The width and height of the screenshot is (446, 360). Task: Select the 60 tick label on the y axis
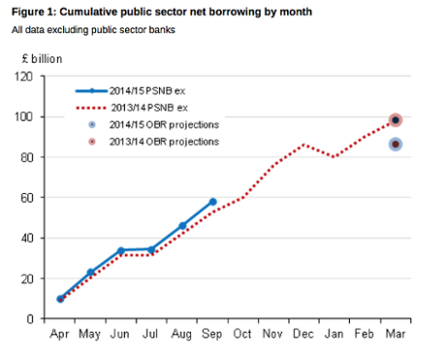pyautogui.click(x=35, y=197)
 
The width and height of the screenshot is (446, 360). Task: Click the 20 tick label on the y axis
pyautogui.click(x=35, y=278)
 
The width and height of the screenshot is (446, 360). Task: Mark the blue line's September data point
pyautogui.click(x=212, y=202)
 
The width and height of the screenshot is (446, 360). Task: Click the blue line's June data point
pyautogui.click(x=121, y=250)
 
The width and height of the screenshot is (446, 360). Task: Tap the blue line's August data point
pyautogui.click(x=182, y=225)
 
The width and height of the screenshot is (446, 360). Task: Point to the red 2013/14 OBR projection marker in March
pyautogui.click(x=396, y=120)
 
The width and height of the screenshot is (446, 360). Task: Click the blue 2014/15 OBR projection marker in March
pyautogui.click(x=396, y=145)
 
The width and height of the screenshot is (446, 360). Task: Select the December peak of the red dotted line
pyautogui.click(x=304, y=145)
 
